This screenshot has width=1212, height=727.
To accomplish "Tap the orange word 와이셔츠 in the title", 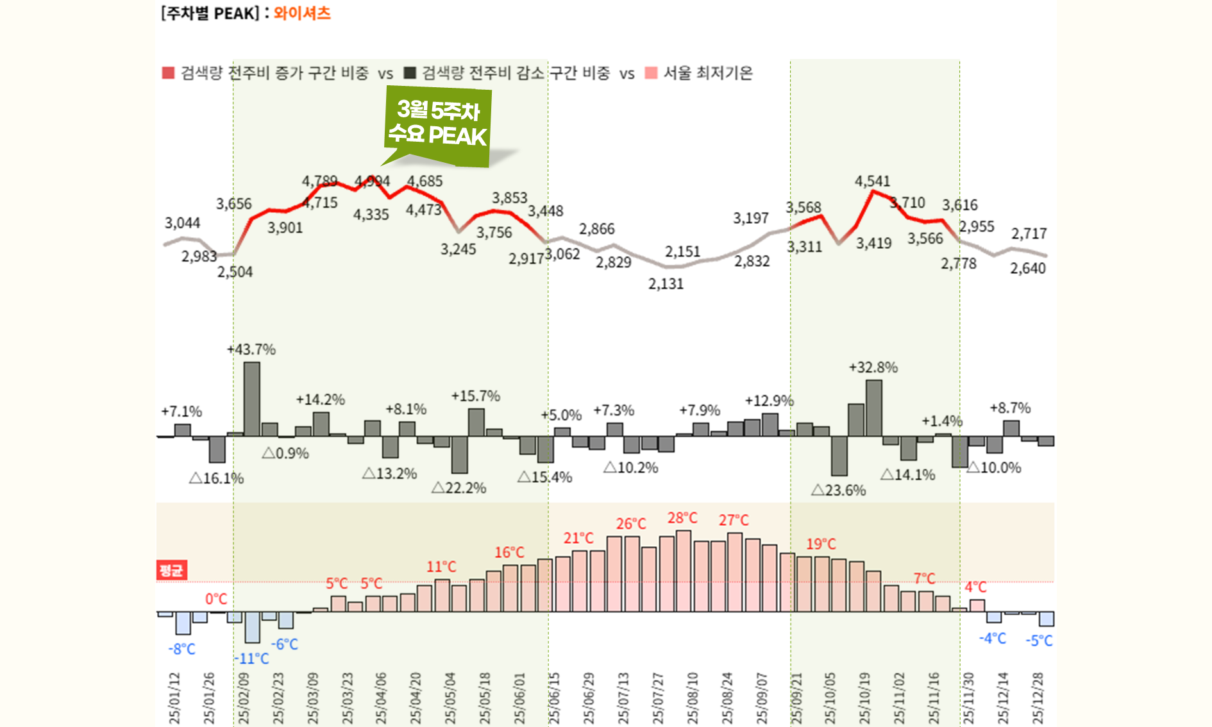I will coord(302,13).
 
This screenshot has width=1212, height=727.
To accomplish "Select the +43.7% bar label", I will coord(251,349).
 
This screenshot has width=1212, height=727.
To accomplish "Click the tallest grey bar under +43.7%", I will coord(252,399).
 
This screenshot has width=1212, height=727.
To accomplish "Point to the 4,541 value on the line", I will coord(872,181).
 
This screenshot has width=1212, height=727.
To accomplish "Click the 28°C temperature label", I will coord(682,517).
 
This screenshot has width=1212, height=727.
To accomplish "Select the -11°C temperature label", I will coord(251,658).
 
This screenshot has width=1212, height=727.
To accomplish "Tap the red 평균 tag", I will coord(171,570).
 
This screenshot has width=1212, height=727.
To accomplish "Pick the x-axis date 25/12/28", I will coord(1038,698).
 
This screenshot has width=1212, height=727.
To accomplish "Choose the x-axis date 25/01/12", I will coord(174,698).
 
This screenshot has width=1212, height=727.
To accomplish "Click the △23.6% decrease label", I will coord(838,490).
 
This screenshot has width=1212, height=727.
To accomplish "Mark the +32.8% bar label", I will coord(873,367).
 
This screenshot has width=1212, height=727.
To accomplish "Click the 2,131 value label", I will coord(666,283).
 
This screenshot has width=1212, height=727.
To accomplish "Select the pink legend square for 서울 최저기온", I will coord(651,73).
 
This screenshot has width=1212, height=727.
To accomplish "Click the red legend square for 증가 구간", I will coord(169,73).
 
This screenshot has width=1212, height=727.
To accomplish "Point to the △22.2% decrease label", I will coord(459,488).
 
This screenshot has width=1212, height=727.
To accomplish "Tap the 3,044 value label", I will coord(182,223).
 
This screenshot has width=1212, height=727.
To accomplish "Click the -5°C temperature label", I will coord(1039,640).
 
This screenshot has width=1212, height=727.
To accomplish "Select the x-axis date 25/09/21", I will coord(796,698).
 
